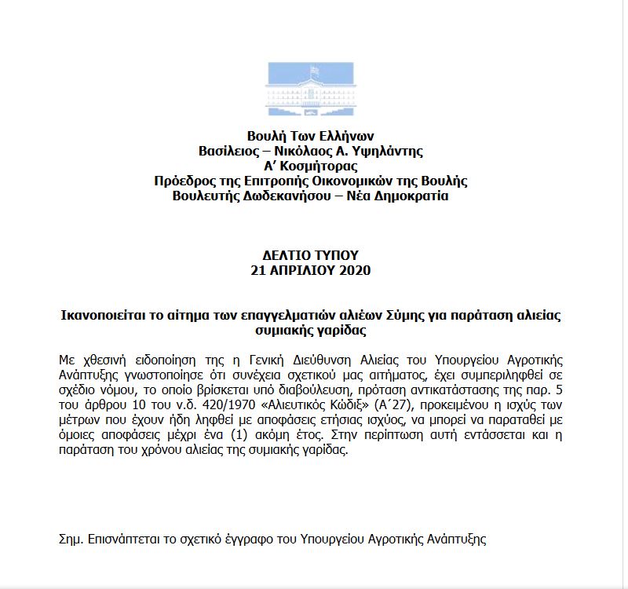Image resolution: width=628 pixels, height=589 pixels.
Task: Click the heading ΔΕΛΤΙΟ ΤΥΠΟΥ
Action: click(311, 255)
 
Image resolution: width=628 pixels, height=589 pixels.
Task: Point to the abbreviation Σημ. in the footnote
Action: click(72, 540)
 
